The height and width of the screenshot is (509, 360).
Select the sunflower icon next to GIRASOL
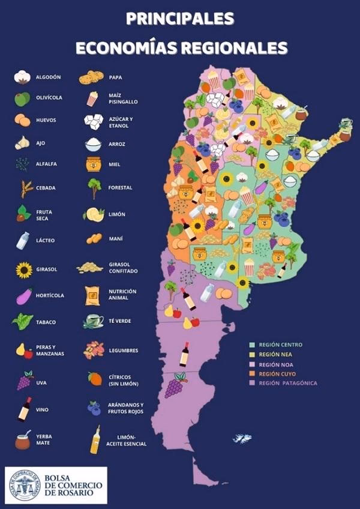[x=23, y=270]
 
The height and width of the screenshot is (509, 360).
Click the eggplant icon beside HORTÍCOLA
[x=23, y=296]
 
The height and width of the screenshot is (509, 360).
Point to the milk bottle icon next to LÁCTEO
[x=22, y=240]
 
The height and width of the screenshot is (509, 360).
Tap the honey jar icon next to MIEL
[x=93, y=164]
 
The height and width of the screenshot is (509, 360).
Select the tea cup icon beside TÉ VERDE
[x=93, y=321]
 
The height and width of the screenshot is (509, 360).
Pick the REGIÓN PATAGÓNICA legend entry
[x=287, y=383]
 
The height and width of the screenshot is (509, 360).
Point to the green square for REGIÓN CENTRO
[x=253, y=345]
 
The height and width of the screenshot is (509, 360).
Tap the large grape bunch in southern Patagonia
[x=174, y=385]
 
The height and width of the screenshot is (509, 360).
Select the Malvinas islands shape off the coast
[x=242, y=438]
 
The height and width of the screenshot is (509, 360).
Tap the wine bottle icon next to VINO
[x=24, y=409]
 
